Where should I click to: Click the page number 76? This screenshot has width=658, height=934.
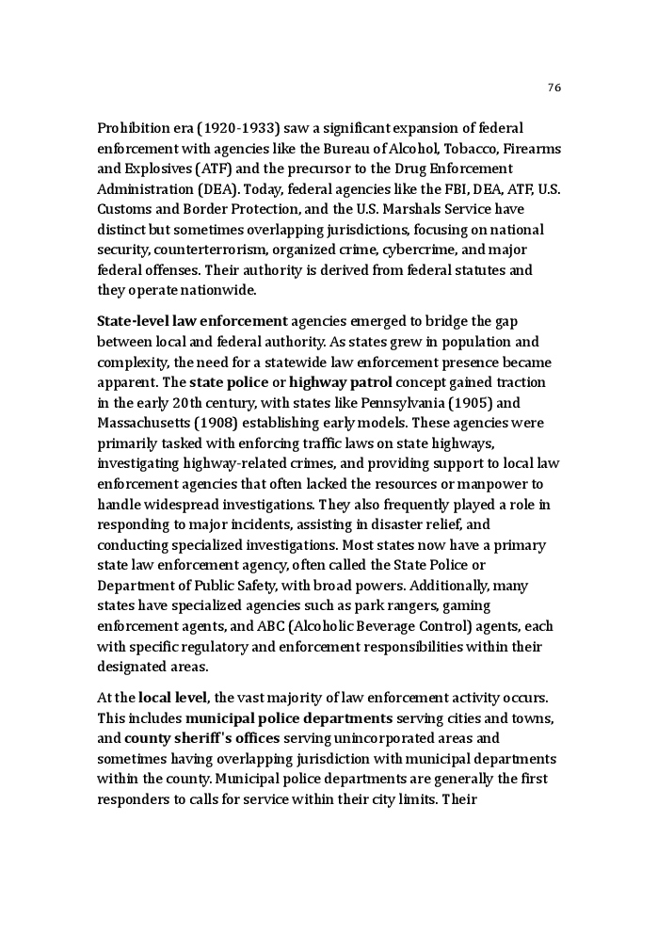tap(554, 88)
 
